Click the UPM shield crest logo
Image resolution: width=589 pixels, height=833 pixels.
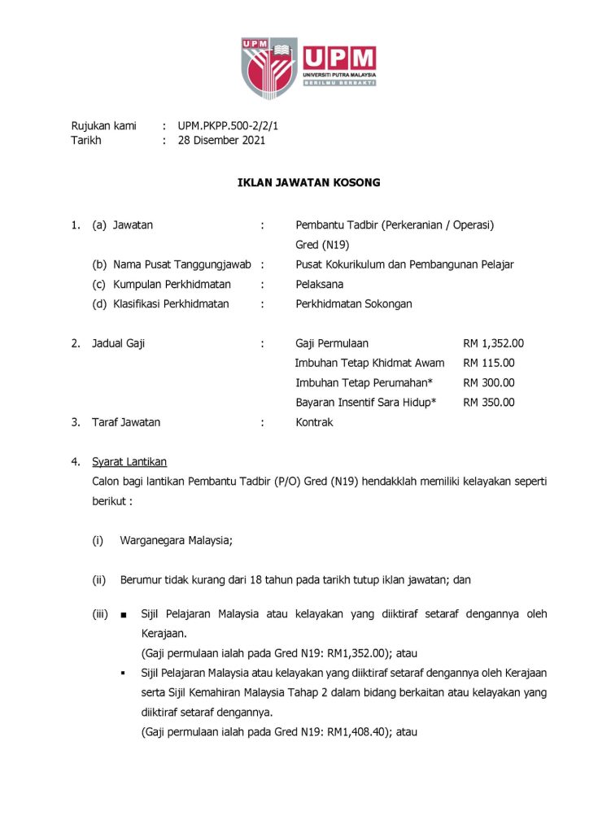tap(268, 66)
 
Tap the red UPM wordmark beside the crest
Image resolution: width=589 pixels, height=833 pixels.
tap(339, 59)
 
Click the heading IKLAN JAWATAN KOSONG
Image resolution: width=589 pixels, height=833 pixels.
tap(308, 182)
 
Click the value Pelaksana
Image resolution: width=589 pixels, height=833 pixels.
tap(320, 284)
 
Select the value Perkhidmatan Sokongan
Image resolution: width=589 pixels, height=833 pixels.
tap(354, 304)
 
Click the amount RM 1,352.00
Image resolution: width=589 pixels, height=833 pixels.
tap(493, 343)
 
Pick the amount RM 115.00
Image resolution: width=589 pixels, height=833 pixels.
tap(488, 363)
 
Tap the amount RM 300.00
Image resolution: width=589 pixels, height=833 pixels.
tap(488, 382)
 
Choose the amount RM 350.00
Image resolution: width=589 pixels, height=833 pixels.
tap(488, 402)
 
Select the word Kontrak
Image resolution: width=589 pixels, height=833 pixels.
tap(314, 422)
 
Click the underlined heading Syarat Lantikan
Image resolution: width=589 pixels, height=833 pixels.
tap(129, 461)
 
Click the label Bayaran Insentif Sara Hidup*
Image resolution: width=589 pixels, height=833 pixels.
tap(366, 402)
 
